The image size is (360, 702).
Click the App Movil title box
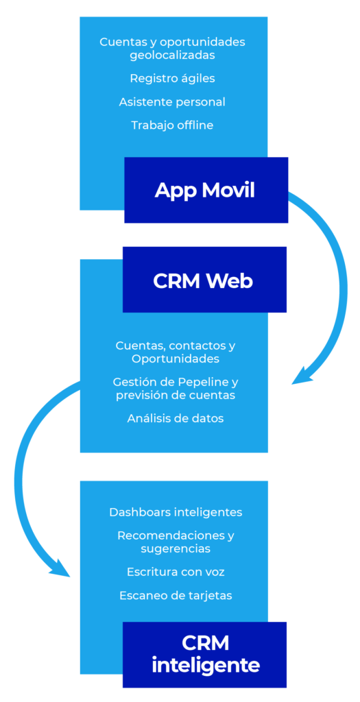click(206, 190)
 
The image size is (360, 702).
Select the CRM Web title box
click(204, 280)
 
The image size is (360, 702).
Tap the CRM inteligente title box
click(204, 655)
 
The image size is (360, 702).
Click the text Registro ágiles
click(172, 79)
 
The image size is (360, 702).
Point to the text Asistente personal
click(172, 102)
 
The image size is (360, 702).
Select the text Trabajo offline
click(172, 125)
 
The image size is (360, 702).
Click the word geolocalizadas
click(172, 56)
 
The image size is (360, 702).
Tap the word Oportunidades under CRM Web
click(176, 359)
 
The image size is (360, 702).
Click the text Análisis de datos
click(175, 419)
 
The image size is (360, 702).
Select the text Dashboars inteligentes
click(176, 512)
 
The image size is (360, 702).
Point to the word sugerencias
click(176, 549)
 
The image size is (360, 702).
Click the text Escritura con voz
click(175, 572)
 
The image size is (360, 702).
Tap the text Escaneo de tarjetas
click(176, 596)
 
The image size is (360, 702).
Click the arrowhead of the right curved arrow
click(303, 375)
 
